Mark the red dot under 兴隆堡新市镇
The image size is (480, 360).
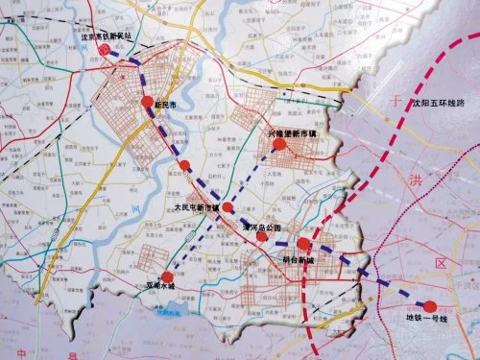(x=279, y=145)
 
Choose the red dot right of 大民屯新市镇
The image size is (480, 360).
(x=228, y=206)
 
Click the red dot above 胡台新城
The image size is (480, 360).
(x=303, y=245)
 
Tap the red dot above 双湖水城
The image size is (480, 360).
(x=169, y=273)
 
